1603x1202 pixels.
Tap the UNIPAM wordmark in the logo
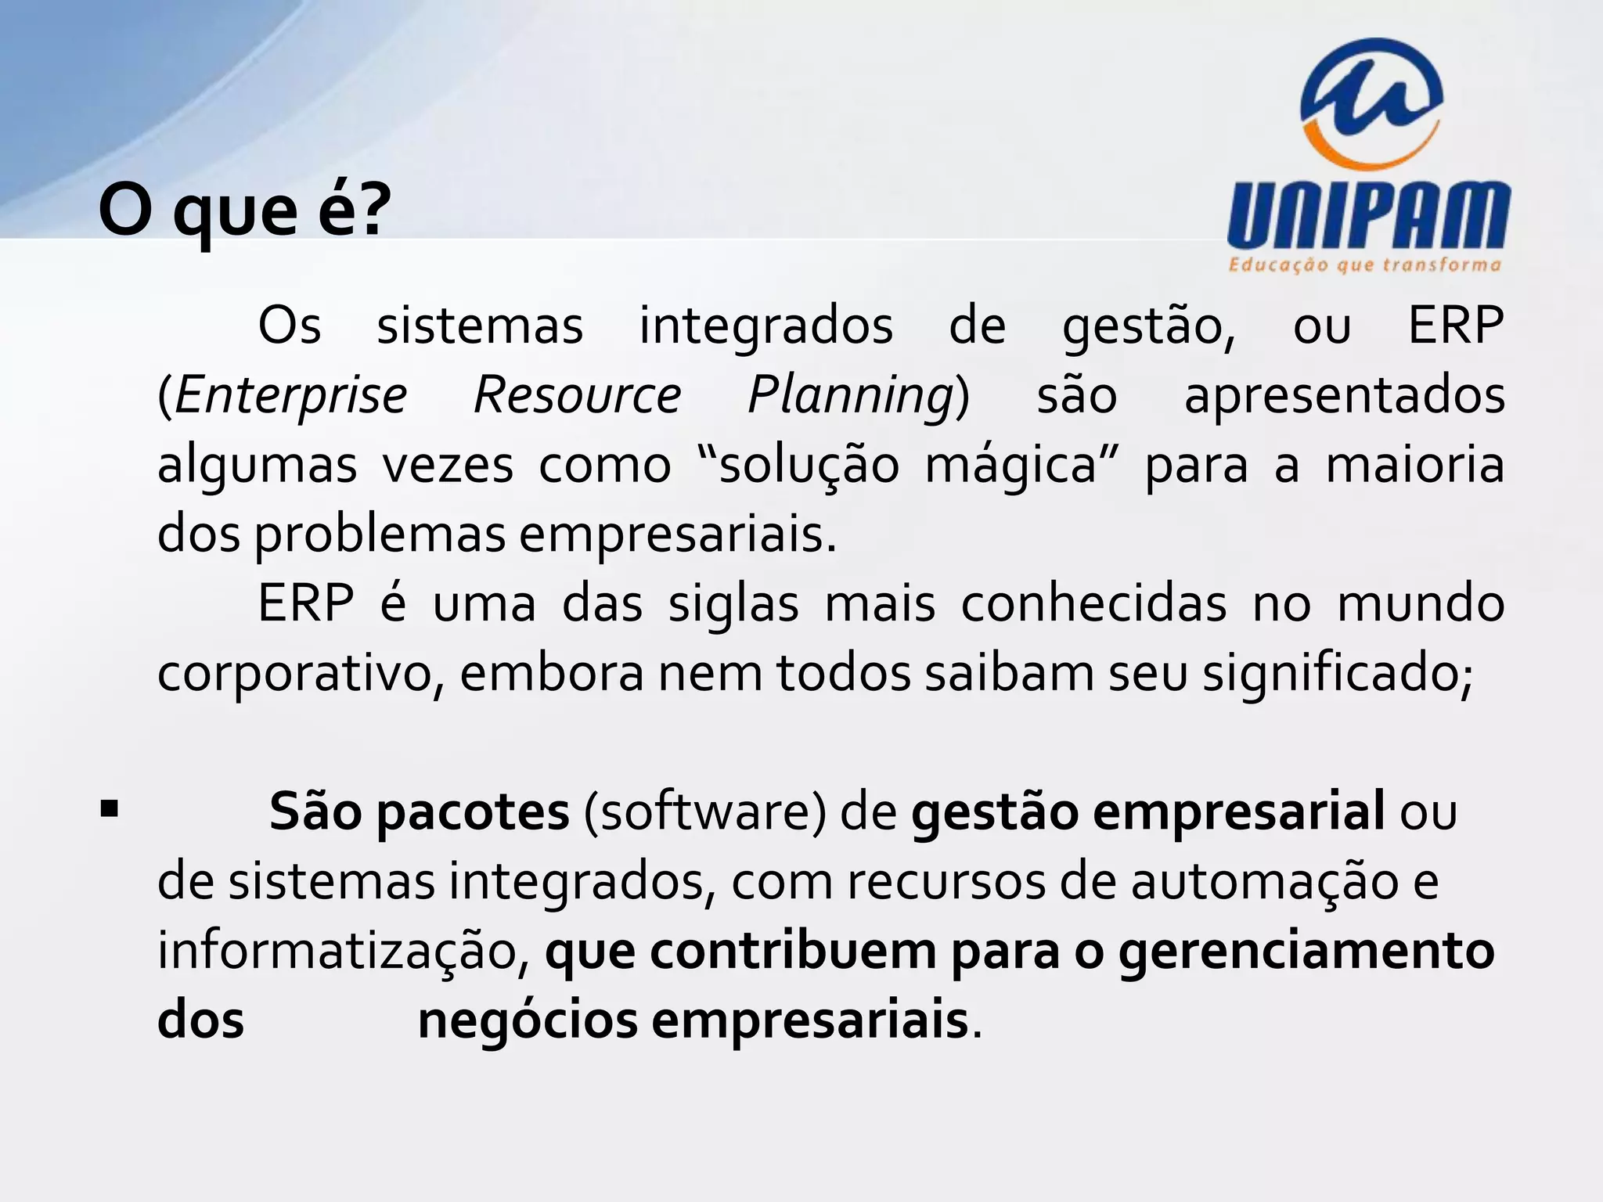[x=1368, y=215]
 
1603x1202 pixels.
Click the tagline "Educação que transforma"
[x=1365, y=265]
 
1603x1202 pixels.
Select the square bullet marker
[x=109, y=809]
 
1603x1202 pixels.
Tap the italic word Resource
[x=578, y=395]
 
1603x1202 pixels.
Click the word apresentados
[x=1344, y=395]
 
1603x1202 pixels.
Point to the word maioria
[x=1415, y=465]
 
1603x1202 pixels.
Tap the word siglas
[x=733, y=606]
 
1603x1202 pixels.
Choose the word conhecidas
[x=1093, y=605]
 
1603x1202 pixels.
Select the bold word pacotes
[x=473, y=812]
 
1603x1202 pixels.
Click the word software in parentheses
[x=704, y=812]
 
